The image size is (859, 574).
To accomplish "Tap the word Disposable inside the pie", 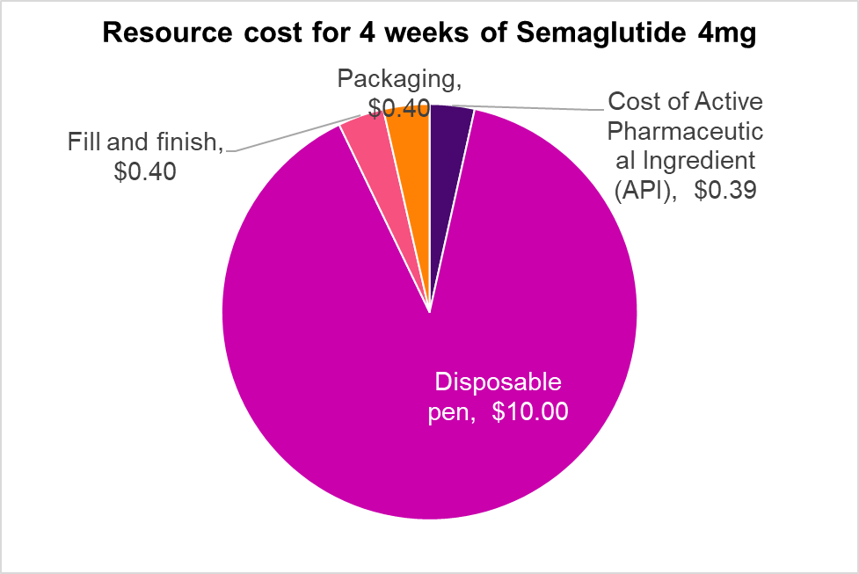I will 499,383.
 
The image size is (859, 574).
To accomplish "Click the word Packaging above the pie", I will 399,81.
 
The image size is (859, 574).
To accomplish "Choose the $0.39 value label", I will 724,190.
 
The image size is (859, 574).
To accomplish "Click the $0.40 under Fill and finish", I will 145,171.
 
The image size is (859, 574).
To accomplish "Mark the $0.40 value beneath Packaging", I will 397,109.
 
